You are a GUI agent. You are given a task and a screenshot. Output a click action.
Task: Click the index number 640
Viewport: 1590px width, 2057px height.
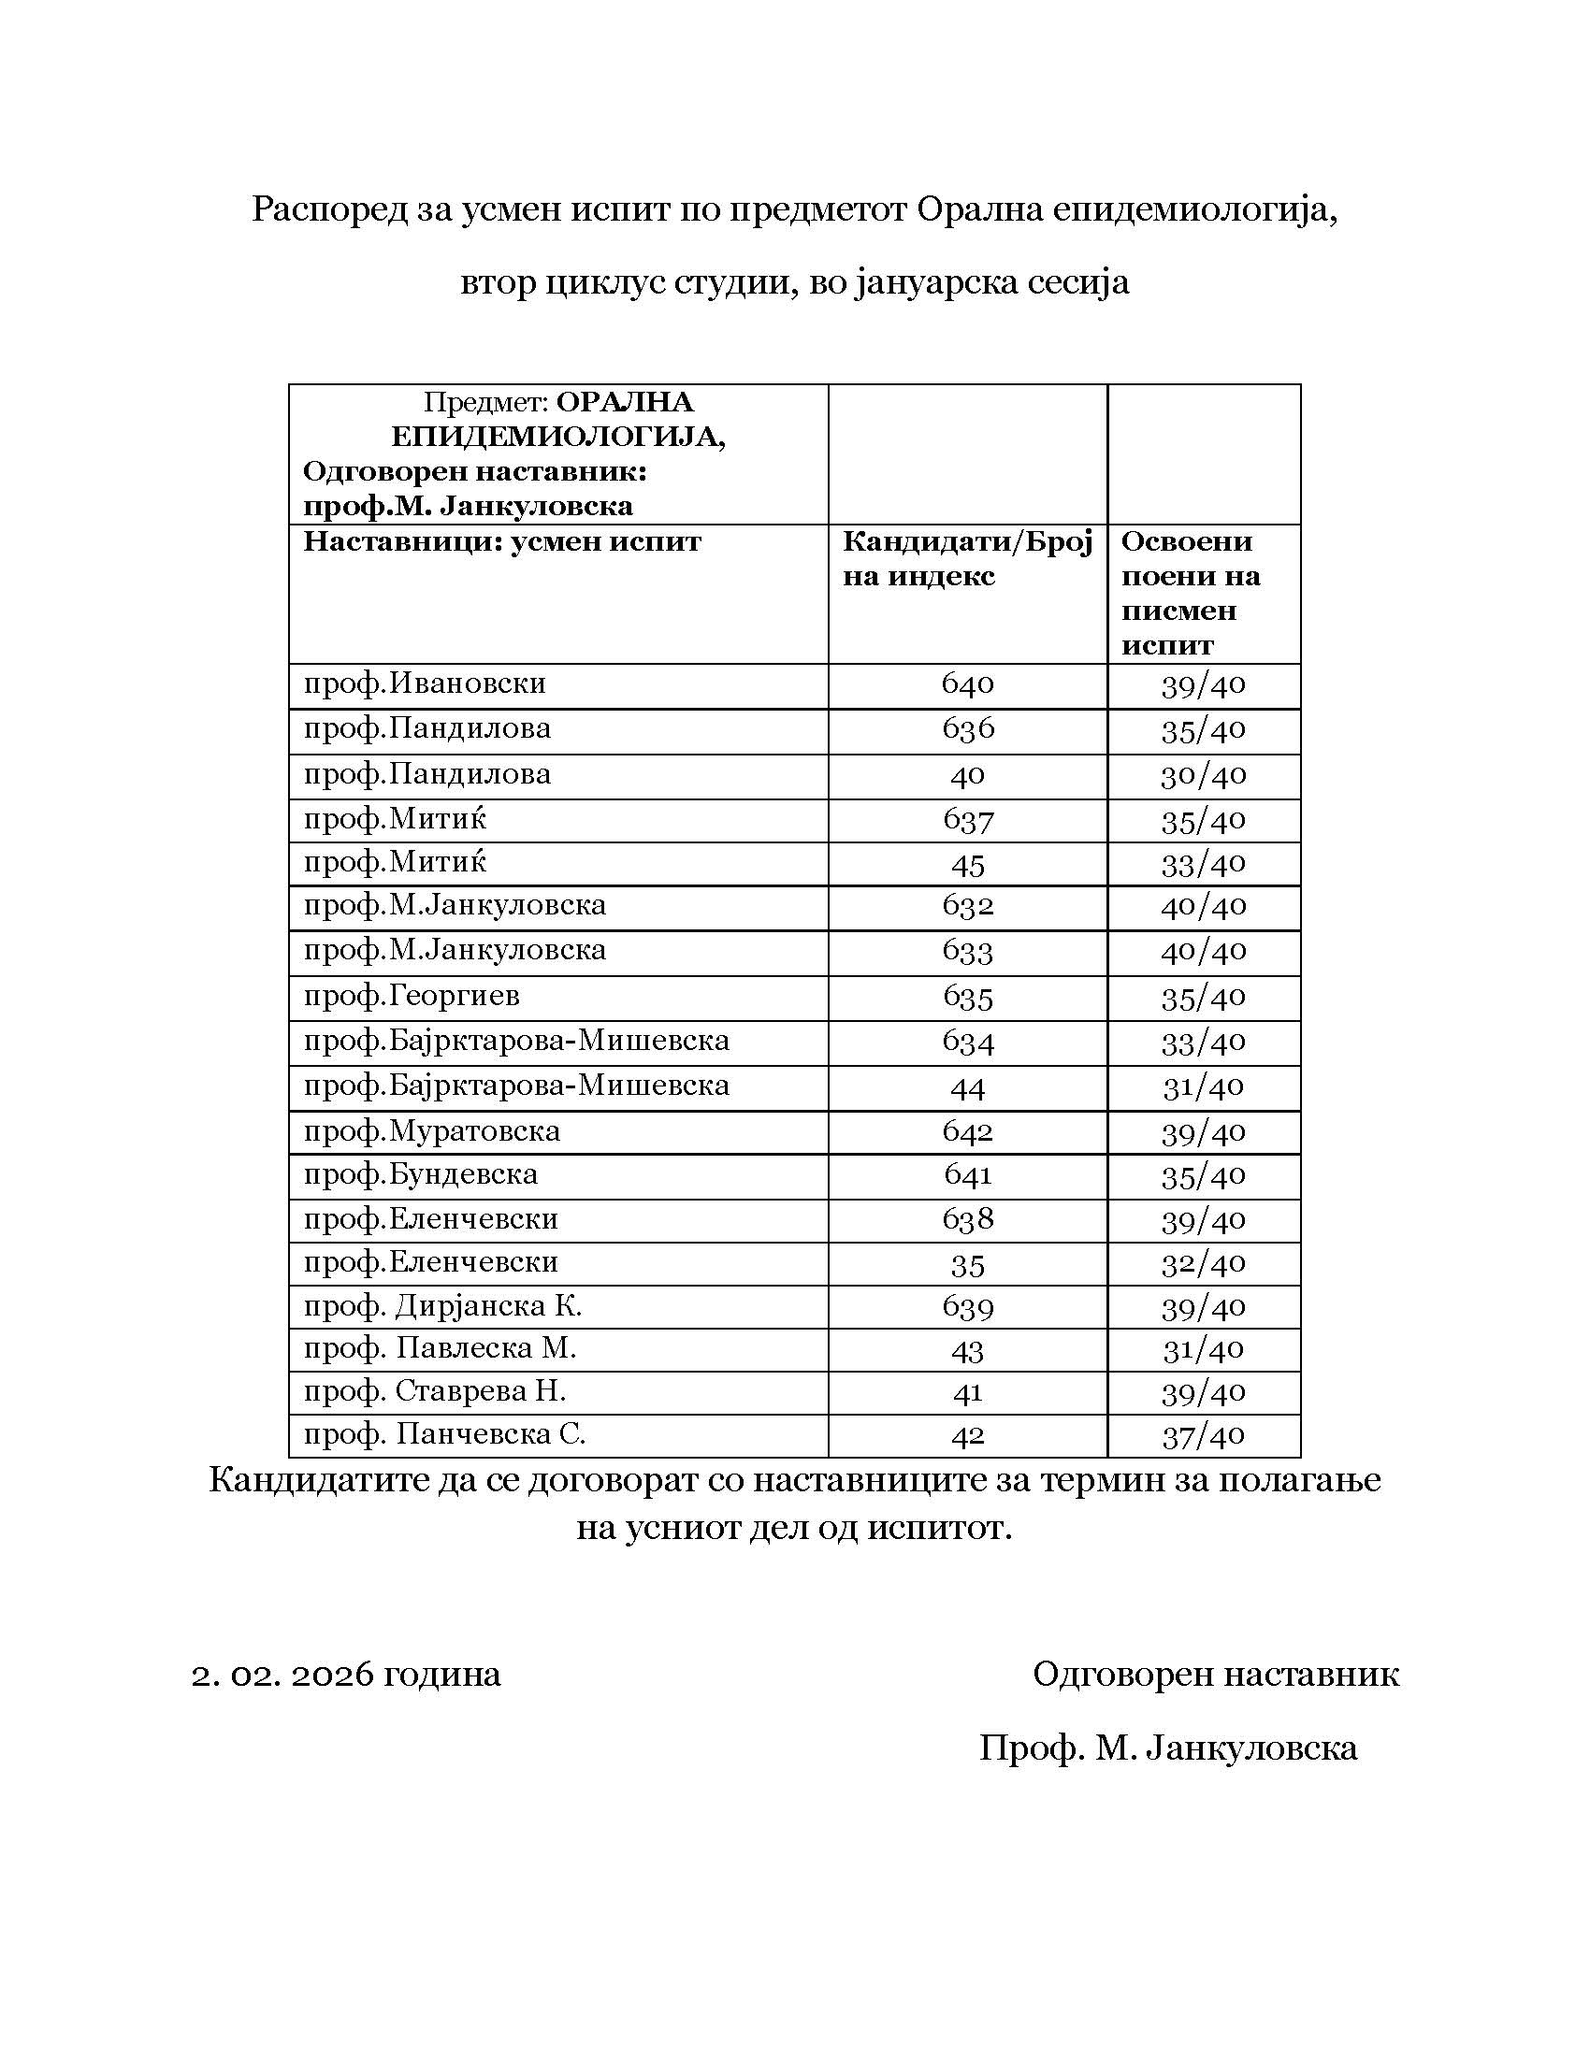coord(967,683)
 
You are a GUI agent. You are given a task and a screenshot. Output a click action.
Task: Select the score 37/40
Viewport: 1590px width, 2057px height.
coord(1203,1435)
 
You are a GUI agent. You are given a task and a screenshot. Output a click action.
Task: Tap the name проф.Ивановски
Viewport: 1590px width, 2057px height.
coord(424,683)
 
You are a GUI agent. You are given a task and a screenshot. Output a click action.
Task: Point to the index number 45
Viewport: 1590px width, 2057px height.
coord(967,864)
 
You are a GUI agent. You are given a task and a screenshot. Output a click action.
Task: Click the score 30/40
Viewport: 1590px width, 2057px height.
coord(1203,774)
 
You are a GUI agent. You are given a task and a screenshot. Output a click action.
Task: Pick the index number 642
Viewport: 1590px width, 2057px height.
coord(967,1130)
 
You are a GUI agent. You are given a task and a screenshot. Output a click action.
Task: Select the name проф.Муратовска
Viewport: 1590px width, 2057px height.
coord(431,1130)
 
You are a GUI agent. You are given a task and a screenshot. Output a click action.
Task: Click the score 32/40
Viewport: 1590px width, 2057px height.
coord(1203,1262)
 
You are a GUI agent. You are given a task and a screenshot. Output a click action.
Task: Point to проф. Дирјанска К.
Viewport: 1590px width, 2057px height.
coord(441,1306)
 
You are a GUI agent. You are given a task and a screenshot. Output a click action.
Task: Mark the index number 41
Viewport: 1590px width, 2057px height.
coord(967,1392)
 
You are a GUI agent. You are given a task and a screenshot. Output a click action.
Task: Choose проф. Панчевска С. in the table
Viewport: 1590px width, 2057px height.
coord(443,1434)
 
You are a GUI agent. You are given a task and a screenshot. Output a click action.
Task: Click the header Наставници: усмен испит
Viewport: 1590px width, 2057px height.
coord(502,542)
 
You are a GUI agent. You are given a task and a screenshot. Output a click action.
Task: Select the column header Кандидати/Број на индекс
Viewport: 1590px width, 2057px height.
coord(966,558)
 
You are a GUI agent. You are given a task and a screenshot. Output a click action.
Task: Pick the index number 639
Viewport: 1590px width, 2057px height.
coord(967,1306)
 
